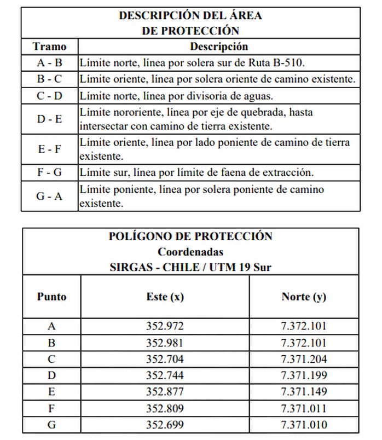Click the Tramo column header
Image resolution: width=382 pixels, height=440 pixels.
pos(49,47)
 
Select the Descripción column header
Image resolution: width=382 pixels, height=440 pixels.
pos(218,47)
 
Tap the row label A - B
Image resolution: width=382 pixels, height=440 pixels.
pos(49,63)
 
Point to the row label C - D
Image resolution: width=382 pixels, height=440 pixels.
pos(49,96)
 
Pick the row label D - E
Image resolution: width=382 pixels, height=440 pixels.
pos(49,119)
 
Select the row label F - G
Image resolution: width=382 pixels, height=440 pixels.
pos(49,172)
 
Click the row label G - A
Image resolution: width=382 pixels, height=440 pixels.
pos(49,196)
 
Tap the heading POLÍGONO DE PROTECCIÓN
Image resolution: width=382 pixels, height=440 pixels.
pos(191,236)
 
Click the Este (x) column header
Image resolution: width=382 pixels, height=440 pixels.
pos(165,297)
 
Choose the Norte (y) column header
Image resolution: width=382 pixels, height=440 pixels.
pos(304,297)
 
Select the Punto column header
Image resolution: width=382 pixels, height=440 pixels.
pos(51,297)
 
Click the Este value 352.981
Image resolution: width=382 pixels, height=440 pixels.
pos(165,343)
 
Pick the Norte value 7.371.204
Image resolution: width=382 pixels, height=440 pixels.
pos(304,360)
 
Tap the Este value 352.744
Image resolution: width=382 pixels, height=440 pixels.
pos(165,376)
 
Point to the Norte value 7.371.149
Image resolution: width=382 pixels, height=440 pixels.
pos(304,392)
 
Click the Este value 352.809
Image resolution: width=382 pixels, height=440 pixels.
pos(165,409)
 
